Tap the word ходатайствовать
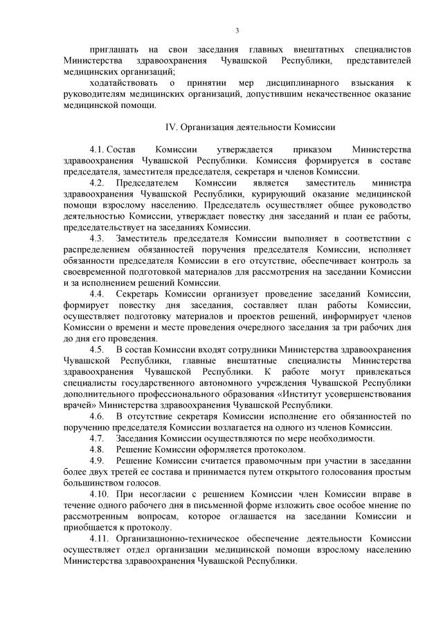(x=123, y=83)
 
